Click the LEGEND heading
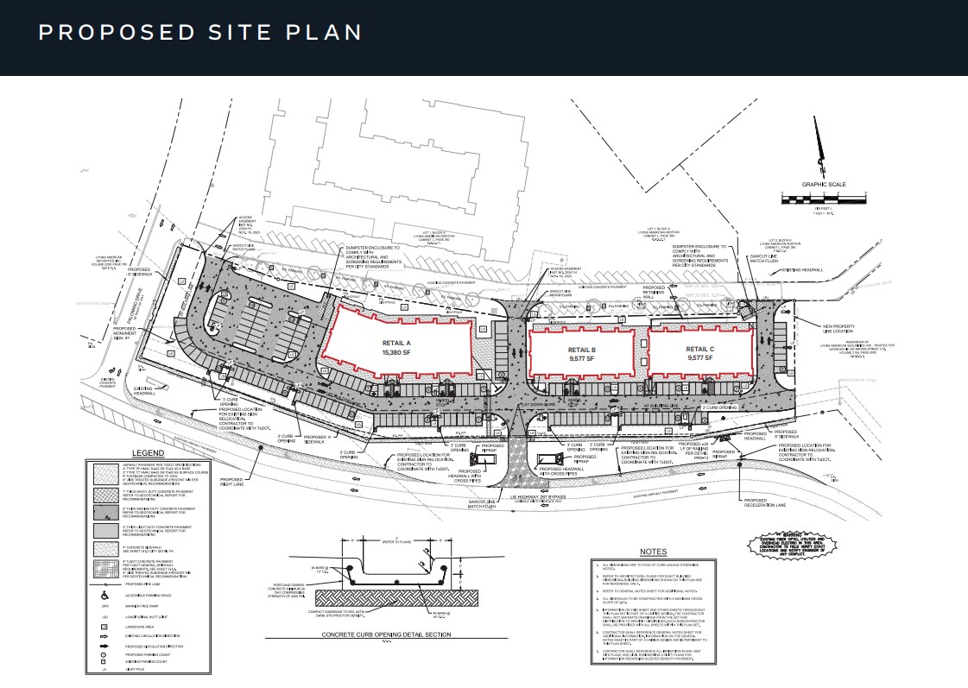[148, 452]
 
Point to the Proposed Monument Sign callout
[126, 332]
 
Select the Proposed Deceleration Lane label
[764, 502]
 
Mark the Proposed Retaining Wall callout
[654, 293]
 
